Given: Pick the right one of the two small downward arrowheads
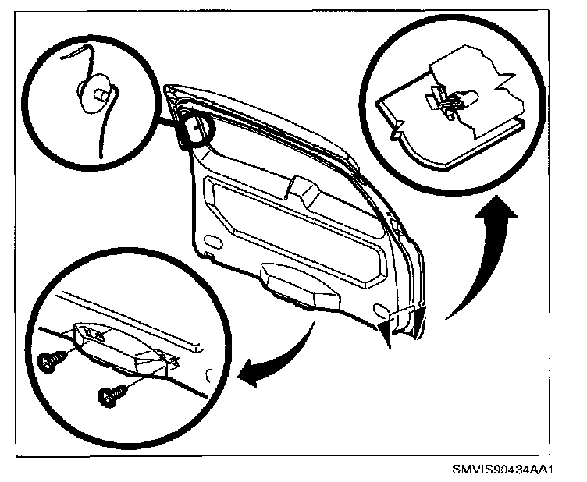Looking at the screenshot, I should point(418,321).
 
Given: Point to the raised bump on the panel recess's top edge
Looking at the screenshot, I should point(299,187).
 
